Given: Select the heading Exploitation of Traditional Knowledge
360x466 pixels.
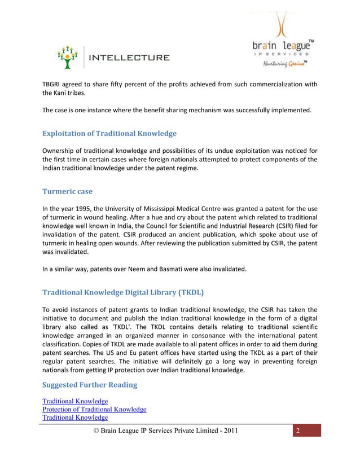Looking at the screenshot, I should tap(109, 134).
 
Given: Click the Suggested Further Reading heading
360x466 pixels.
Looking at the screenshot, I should tap(89, 386).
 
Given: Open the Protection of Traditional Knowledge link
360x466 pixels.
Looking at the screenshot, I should tap(94, 409).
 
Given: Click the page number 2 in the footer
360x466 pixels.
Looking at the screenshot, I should tap(299, 432).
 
